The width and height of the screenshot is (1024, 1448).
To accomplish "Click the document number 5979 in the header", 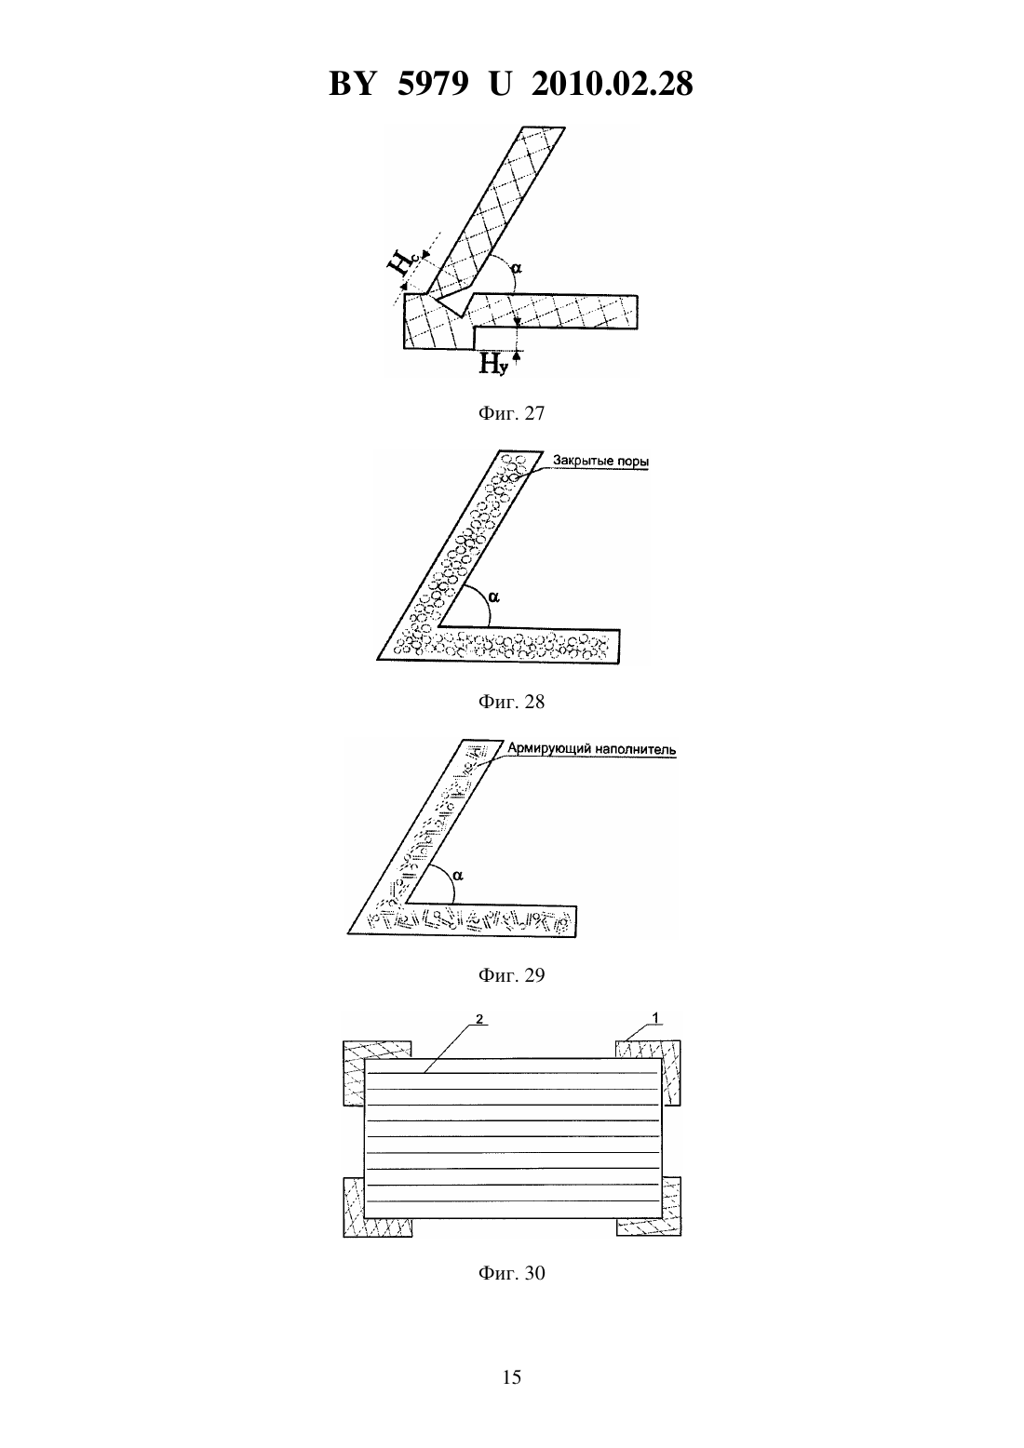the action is (x=433, y=84).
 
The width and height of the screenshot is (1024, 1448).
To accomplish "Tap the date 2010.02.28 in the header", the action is (x=613, y=84).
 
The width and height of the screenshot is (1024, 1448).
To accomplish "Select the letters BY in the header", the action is (x=352, y=84).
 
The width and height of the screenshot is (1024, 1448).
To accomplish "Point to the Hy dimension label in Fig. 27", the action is (x=493, y=365).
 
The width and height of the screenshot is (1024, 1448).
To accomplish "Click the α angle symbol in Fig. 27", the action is (x=517, y=266).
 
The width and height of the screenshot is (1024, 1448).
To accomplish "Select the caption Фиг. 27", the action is (x=511, y=413).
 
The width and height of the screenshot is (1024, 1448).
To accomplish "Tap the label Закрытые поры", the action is (x=600, y=461).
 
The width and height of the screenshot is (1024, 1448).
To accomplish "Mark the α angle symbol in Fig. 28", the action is (x=494, y=598).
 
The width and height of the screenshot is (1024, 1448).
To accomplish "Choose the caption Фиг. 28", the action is (x=511, y=702).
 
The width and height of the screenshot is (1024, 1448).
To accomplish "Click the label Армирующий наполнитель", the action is (x=591, y=749).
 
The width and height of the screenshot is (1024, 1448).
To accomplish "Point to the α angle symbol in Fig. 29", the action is (x=458, y=876).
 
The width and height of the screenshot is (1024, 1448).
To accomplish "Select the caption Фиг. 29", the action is (x=511, y=975).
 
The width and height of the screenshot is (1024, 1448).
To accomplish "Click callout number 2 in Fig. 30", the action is (x=479, y=1019).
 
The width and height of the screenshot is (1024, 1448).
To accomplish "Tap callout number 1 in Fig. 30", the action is (x=655, y=1018).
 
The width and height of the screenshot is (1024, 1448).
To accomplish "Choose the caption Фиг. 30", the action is (x=511, y=1273).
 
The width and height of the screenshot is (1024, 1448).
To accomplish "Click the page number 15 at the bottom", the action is (x=511, y=1377).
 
